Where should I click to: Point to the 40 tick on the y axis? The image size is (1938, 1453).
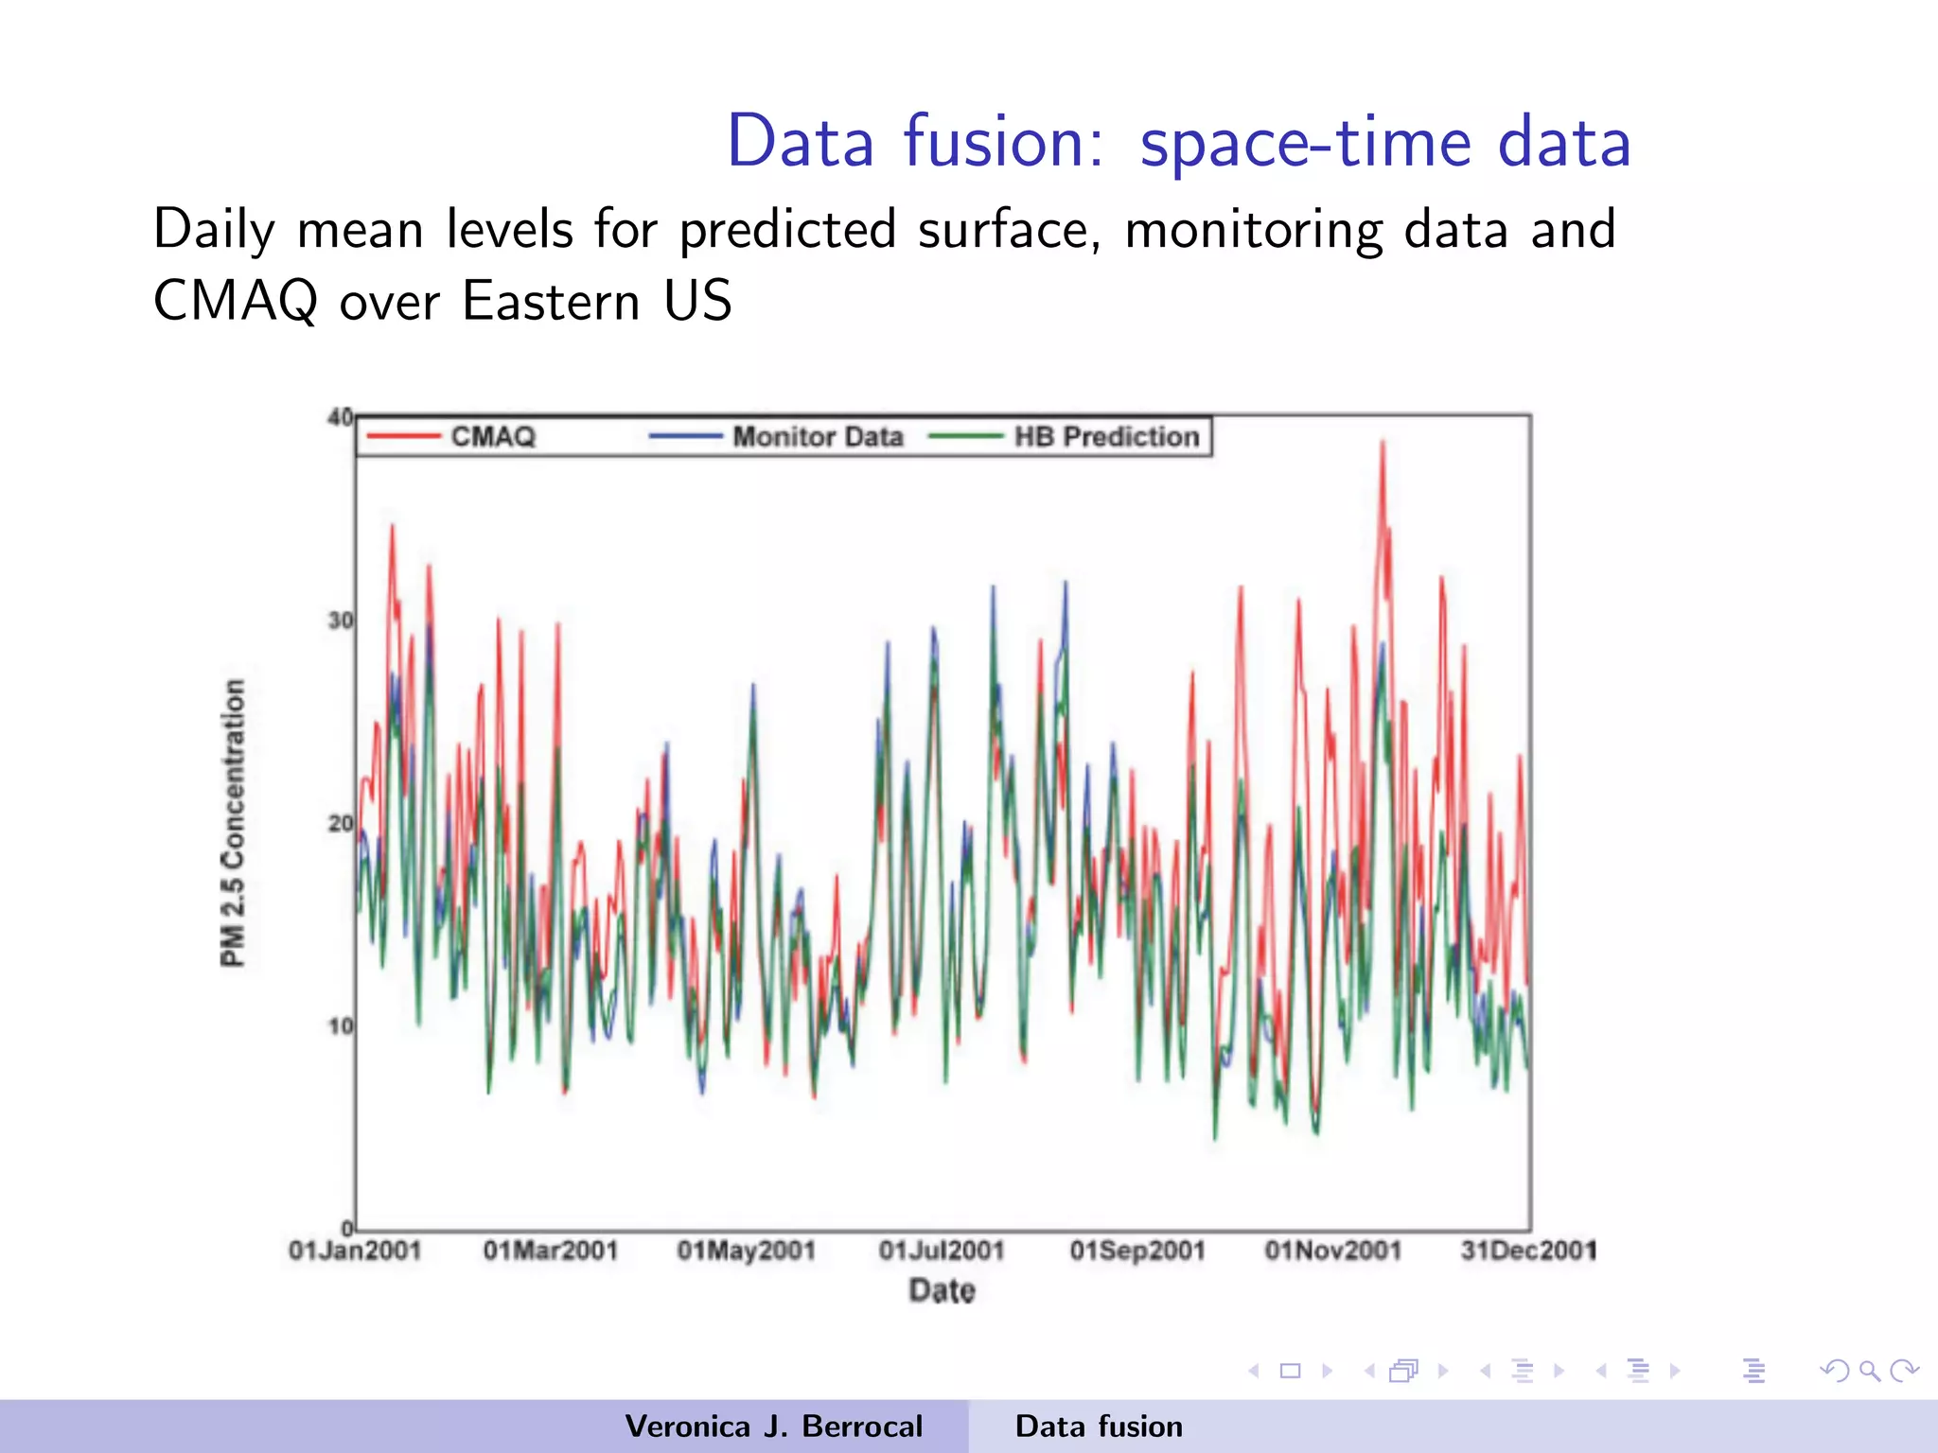click(340, 417)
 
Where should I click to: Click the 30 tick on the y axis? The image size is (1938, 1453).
click(340, 621)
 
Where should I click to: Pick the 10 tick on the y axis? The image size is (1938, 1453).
click(340, 1026)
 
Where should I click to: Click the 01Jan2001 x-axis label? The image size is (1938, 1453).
click(355, 1251)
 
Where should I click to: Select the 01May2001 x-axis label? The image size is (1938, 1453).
click(746, 1251)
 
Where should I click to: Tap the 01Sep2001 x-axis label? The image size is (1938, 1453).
click(1137, 1251)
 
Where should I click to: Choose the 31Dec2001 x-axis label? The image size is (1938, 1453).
click(1528, 1251)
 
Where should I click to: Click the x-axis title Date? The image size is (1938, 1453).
click(942, 1290)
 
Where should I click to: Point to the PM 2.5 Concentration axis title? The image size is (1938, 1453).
click(233, 823)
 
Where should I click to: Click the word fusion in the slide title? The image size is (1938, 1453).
click(1003, 142)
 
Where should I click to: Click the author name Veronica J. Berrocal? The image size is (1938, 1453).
click(773, 1427)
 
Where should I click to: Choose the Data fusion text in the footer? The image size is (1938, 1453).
click(1099, 1427)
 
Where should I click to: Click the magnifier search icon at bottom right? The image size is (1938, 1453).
click(1869, 1371)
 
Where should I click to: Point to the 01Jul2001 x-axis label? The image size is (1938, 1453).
click(942, 1251)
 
